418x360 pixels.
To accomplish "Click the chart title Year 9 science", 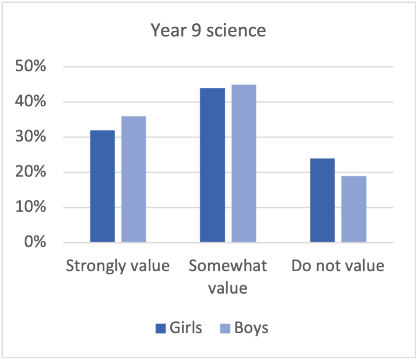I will click(208, 31).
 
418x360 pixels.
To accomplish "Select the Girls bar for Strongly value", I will click(103, 186).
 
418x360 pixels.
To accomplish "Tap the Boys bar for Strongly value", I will click(134, 179).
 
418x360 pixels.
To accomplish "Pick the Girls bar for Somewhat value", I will click(213, 165).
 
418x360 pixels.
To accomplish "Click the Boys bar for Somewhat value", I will click(244, 163).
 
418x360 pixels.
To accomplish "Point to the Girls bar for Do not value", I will click(322, 200).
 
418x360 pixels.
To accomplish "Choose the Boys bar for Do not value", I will click(354, 209).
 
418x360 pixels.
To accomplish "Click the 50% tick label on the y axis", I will click(31, 67).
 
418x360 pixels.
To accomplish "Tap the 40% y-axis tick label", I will click(31, 102).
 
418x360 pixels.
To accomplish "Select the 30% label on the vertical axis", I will click(31, 137).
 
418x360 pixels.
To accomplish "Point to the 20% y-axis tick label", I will click(31, 173).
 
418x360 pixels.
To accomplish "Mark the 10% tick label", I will click(31, 208).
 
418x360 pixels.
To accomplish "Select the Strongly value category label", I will click(118, 266).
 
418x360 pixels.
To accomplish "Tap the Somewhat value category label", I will click(228, 277).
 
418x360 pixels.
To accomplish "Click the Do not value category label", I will click(338, 266).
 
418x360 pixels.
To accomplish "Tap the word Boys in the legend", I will click(251, 328).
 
